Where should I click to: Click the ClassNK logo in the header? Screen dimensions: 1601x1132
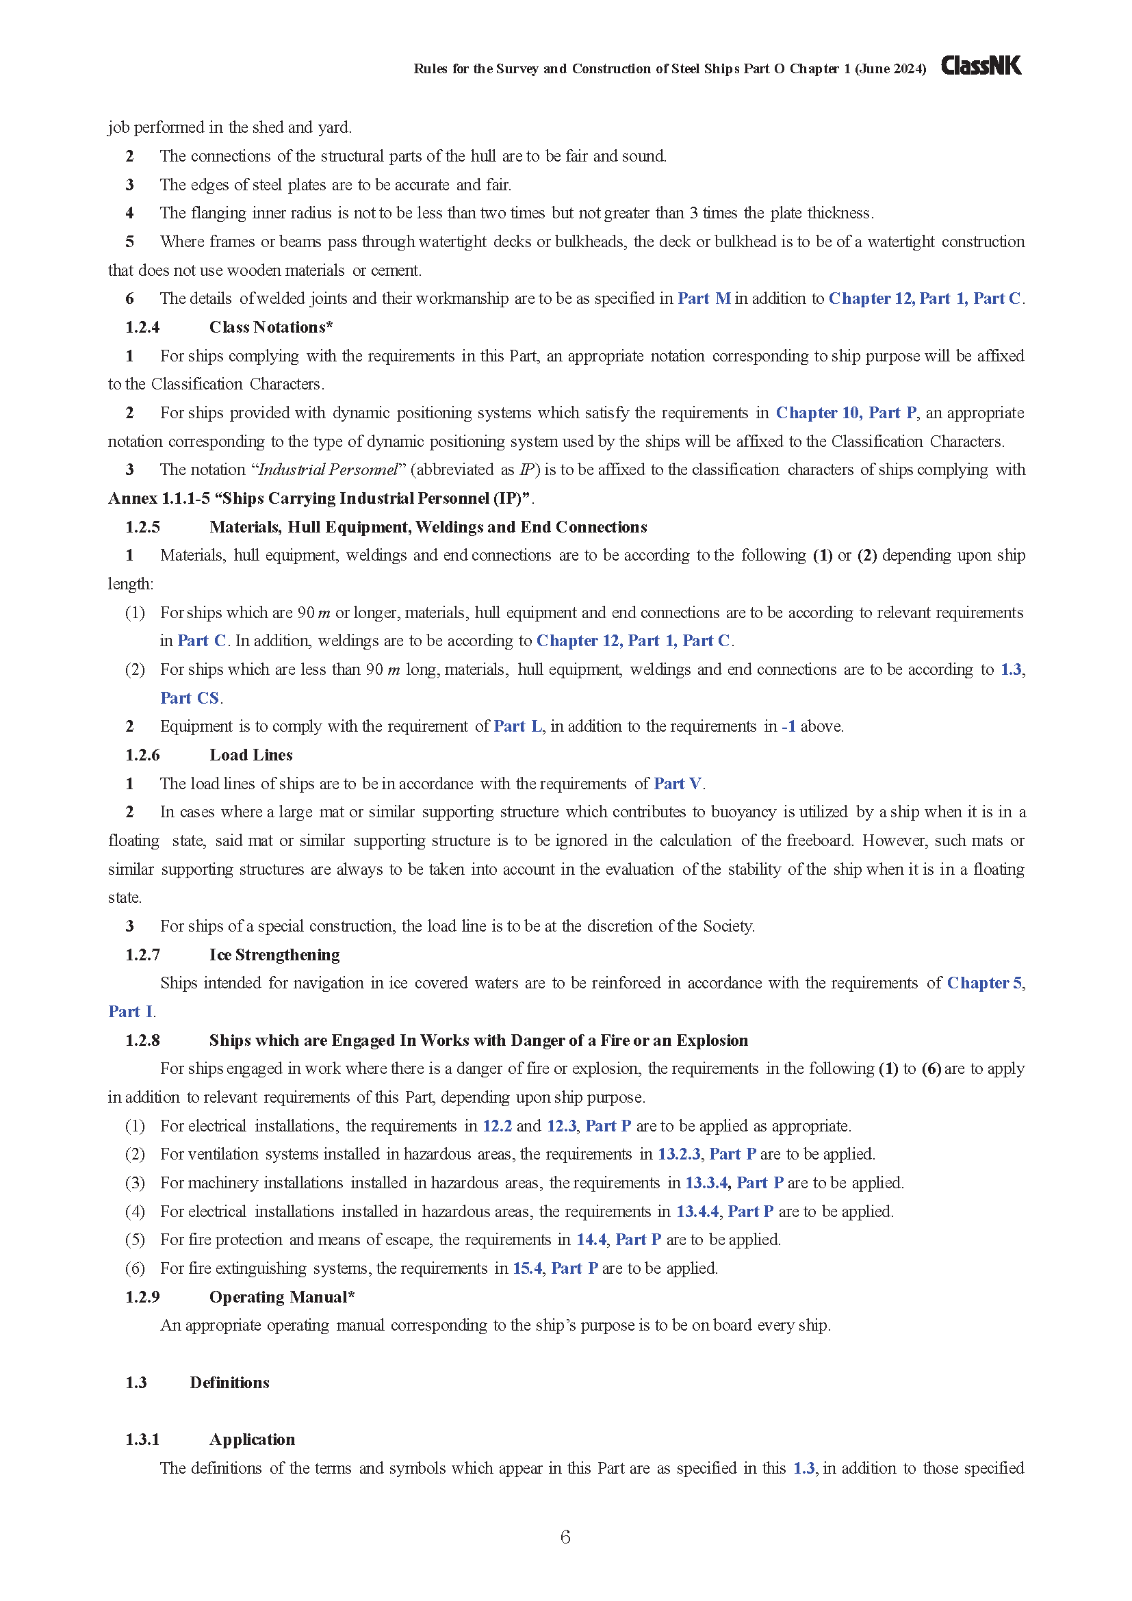981,66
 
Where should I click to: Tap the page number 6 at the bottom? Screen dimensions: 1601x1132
565,1537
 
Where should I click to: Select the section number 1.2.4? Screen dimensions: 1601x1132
142,327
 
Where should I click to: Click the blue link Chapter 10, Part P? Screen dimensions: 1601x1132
846,413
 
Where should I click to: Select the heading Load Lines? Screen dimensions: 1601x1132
251,755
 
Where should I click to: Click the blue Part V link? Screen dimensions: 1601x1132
678,784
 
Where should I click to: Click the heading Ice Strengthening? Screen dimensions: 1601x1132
274,955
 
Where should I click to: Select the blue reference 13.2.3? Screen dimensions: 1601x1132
679,1154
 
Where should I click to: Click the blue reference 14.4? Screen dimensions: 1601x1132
591,1240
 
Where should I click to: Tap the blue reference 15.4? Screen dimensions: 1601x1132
527,1268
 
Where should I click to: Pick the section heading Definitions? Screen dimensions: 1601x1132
229,1383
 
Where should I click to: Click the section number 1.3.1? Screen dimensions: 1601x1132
142,1440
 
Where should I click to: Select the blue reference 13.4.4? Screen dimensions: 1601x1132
697,1212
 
